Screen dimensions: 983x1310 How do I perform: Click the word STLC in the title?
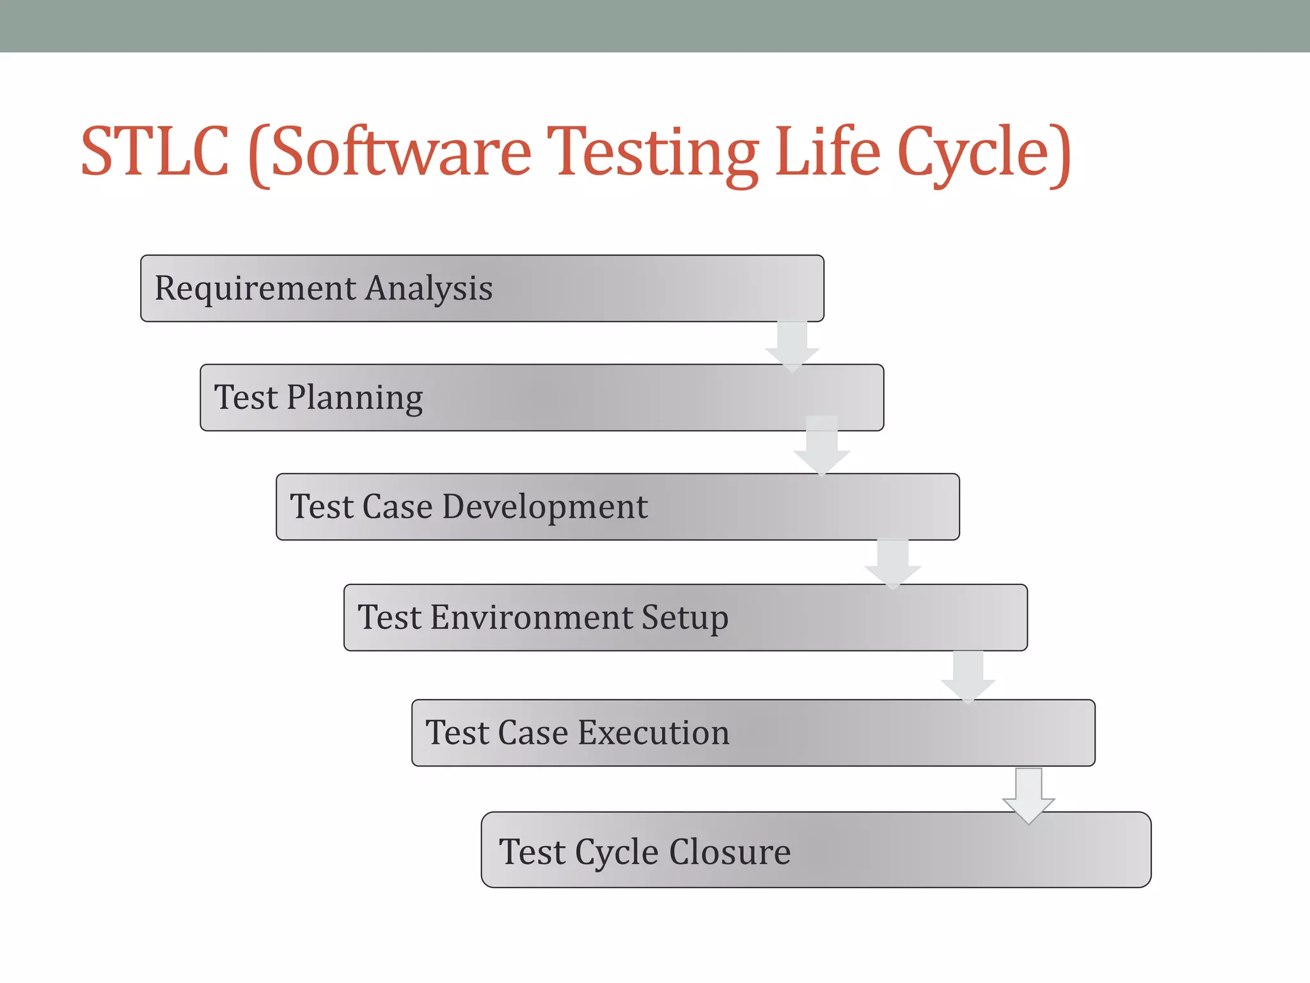(155, 152)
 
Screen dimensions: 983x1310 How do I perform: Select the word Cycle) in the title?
(984, 154)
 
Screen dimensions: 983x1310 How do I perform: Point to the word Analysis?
(429, 289)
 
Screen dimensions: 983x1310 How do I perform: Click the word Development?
(544, 507)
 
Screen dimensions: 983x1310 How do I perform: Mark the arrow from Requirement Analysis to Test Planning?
(792, 346)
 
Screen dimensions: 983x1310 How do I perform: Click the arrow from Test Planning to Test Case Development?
(822, 446)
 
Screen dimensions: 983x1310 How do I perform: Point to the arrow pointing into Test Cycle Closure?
(1029, 795)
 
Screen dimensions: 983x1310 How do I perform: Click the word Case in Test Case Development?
(397, 507)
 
